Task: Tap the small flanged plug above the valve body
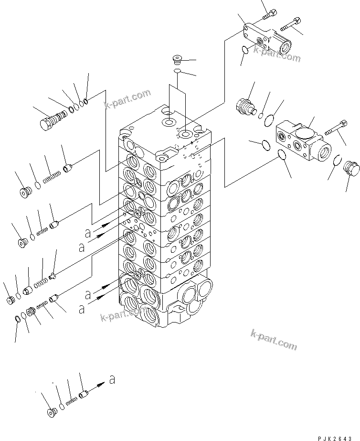coord(177,60)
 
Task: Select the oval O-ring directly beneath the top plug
coord(177,71)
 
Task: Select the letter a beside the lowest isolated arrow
coord(112,380)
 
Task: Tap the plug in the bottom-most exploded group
coord(50,413)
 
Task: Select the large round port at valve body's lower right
coord(203,290)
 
